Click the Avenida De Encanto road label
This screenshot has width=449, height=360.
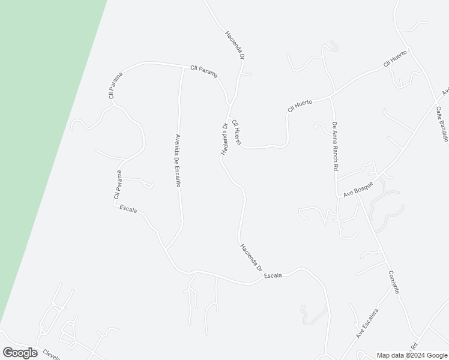tap(178, 160)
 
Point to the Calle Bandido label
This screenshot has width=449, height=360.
tap(442, 124)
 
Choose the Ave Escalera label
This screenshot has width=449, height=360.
tap(367, 323)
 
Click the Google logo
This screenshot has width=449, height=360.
tap(19, 353)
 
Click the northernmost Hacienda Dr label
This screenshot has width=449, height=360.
tap(235, 44)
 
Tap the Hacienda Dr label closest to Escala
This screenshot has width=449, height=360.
tap(250, 257)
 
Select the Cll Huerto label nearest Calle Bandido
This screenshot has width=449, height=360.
tap(396, 59)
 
